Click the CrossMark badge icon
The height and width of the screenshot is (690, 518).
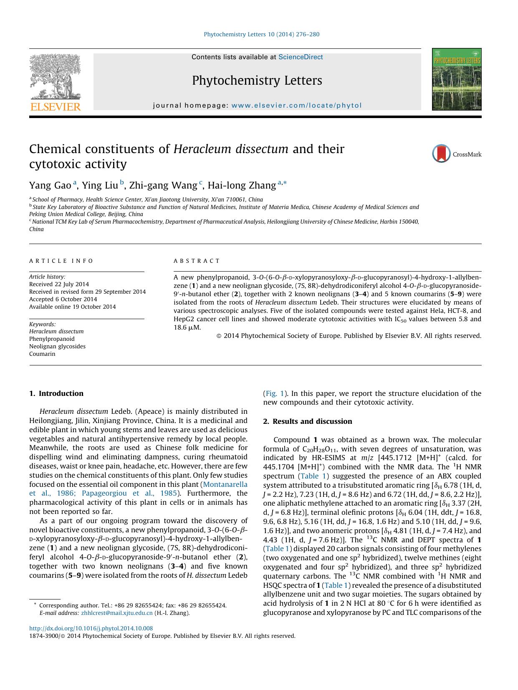point(441,154)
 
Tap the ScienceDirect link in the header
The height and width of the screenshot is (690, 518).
point(301,57)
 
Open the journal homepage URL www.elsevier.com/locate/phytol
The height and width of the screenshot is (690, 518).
point(296,106)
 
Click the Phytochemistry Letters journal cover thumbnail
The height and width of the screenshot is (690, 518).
point(457,79)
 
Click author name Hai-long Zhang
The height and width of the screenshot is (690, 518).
point(242,185)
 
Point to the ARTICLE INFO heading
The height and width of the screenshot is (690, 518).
point(61,261)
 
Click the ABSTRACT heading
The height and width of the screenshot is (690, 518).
point(197,261)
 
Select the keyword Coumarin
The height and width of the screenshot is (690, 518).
point(42,354)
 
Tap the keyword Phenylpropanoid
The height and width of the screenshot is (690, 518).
point(52,339)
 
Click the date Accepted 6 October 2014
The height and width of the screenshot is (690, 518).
point(63,299)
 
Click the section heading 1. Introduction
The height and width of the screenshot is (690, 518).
point(56,393)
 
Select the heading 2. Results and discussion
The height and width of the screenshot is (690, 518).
point(307,421)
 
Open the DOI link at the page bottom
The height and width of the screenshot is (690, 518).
point(91,628)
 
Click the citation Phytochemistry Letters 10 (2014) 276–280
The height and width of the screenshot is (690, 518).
point(261,35)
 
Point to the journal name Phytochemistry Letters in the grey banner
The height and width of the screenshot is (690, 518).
point(257,81)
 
